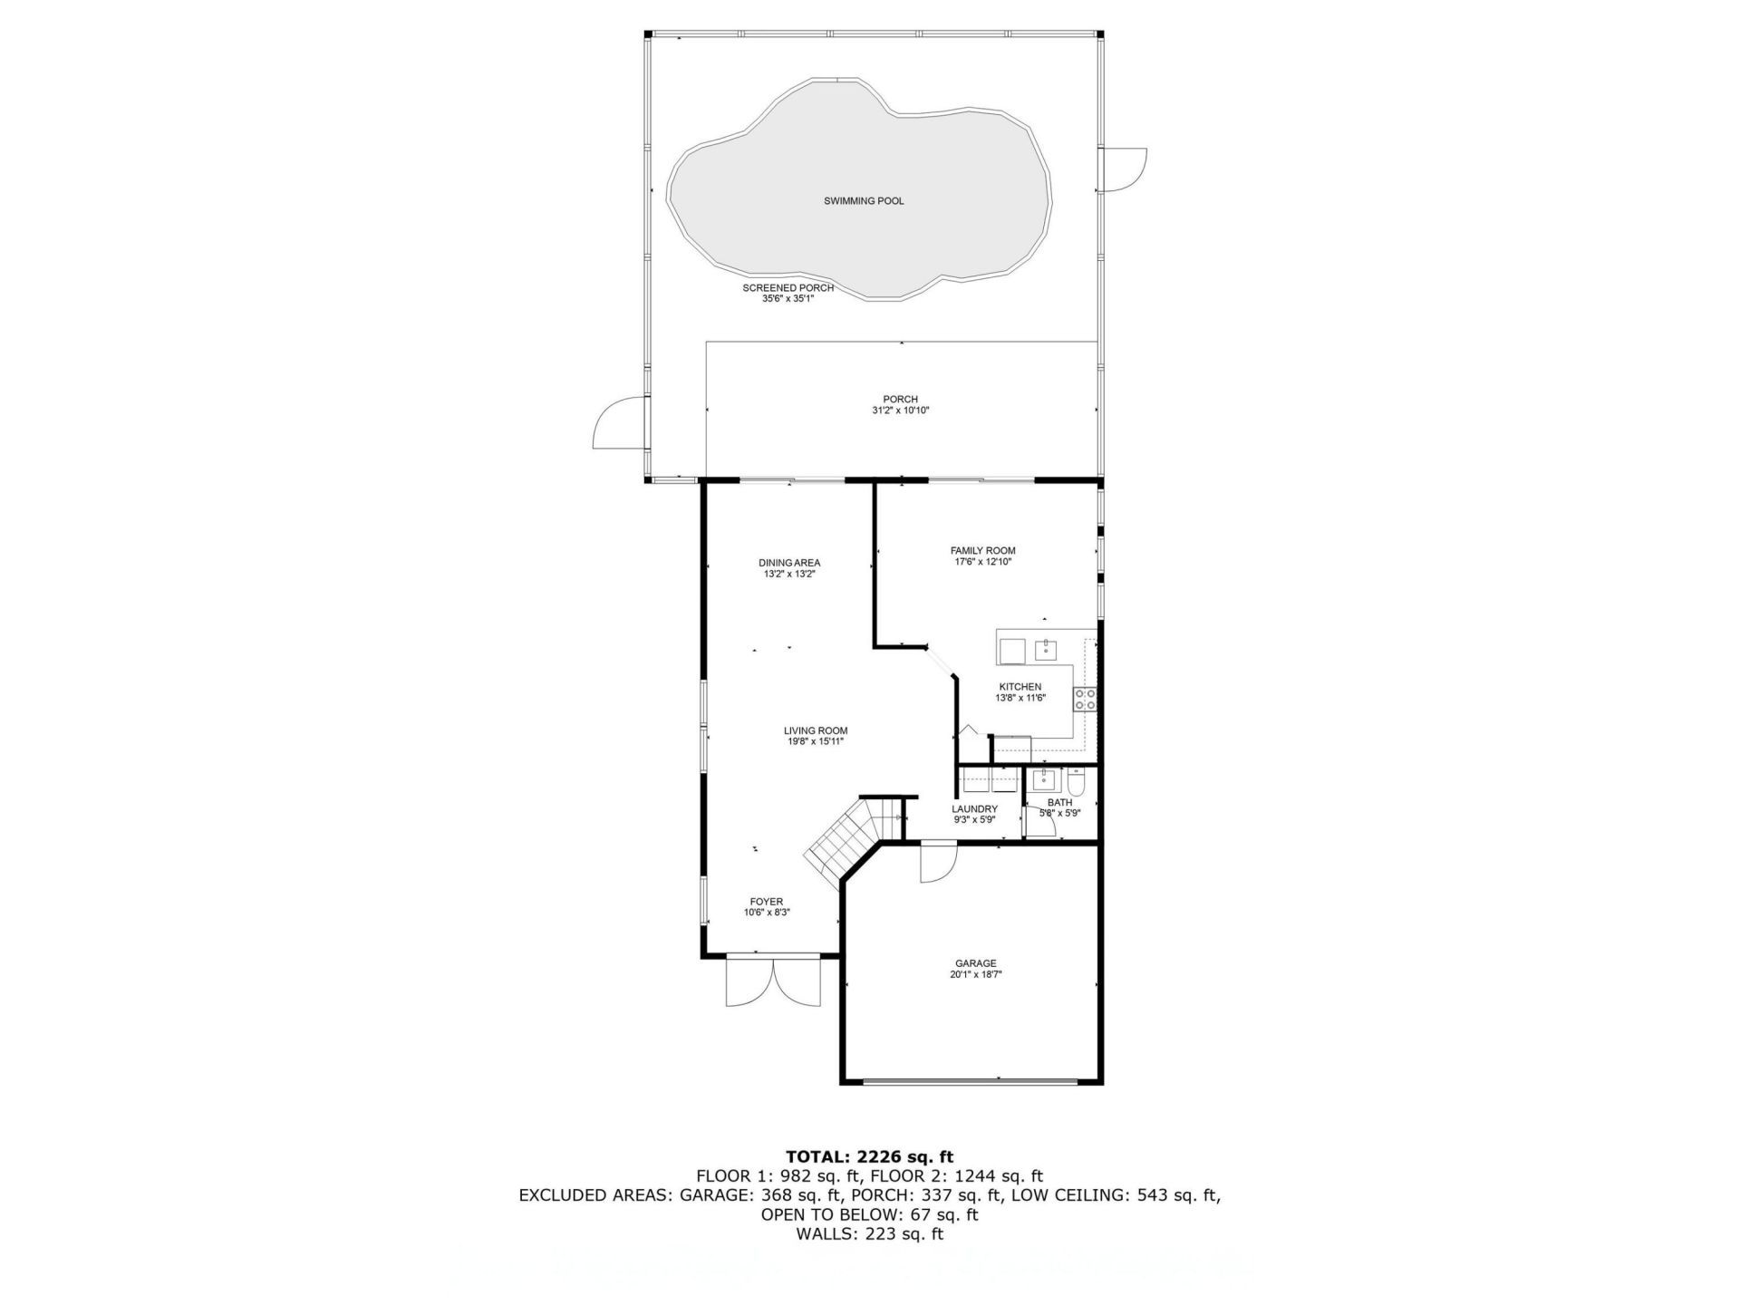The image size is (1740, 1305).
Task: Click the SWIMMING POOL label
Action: [x=864, y=201]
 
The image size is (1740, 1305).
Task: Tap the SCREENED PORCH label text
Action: [x=788, y=288]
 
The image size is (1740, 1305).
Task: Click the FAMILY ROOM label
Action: [x=982, y=550]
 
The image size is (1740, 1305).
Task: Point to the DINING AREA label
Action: [x=789, y=563]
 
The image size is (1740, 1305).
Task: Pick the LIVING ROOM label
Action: [x=816, y=730]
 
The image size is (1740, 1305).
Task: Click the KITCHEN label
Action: [x=1020, y=687]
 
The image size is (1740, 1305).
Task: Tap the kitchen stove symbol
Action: [x=1085, y=699]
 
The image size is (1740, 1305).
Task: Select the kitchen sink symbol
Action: [x=1047, y=649]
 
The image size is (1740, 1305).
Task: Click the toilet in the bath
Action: [x=1077, y=780]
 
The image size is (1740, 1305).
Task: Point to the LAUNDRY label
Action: [x=974, y=809]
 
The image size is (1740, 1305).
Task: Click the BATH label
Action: [x=1059, y=803]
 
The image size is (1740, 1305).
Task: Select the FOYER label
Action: [x=767, y=902]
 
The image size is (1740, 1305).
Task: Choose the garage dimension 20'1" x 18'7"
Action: [x=975, y=975]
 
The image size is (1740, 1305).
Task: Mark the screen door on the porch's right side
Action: [x=1124, y=169]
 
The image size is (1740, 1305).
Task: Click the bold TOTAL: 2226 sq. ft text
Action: [x=869, y=1156]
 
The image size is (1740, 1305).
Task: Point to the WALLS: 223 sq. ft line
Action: [x=869, y=1234]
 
